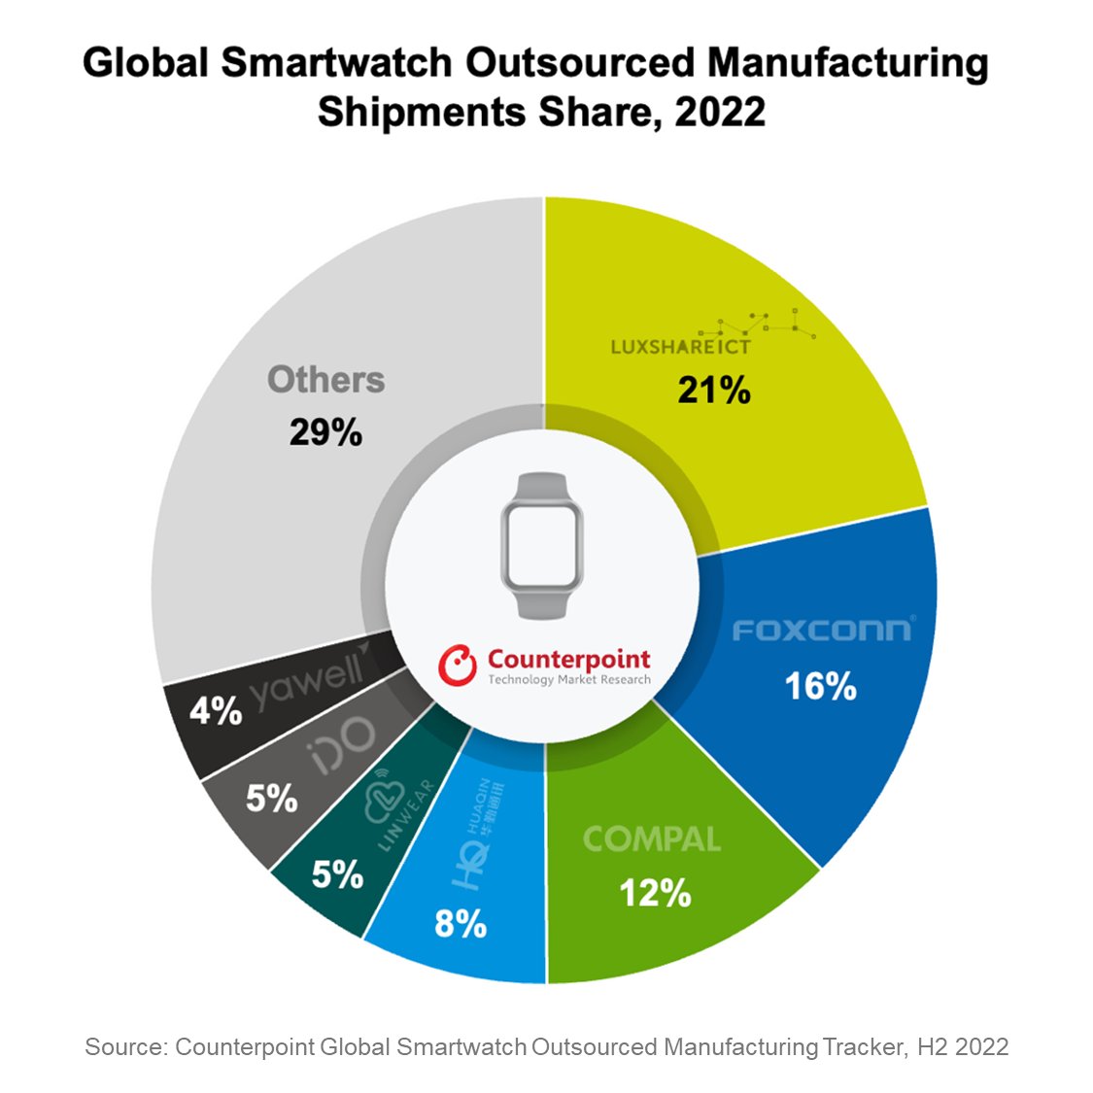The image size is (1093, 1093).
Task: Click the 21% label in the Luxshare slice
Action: (714, 391)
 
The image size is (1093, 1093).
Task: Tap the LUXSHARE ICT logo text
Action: (681, 347)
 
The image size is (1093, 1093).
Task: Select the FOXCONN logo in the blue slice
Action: (822, 631)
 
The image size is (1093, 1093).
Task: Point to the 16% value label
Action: (821, 687)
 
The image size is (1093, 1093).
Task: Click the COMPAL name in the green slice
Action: (652, 839)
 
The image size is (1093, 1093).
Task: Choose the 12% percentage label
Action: (656, 893)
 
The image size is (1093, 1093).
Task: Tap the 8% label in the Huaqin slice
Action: (461, 923)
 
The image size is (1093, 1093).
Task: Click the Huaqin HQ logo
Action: (477, 836)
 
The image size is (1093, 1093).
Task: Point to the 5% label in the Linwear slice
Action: (337, 874)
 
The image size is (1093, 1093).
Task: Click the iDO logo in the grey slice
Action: (342, 746)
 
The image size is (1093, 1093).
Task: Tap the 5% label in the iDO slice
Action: (271, 799)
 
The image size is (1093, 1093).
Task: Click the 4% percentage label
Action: (216, 711)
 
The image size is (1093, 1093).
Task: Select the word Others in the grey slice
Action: (325, 380)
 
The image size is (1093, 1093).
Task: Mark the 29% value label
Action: (325, 432)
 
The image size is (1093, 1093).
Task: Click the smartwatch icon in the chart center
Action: (543, 546)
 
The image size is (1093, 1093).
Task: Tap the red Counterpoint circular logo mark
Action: (457, 666)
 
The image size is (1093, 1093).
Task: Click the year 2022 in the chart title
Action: (720, 112)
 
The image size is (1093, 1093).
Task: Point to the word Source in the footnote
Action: (124, 1046)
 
